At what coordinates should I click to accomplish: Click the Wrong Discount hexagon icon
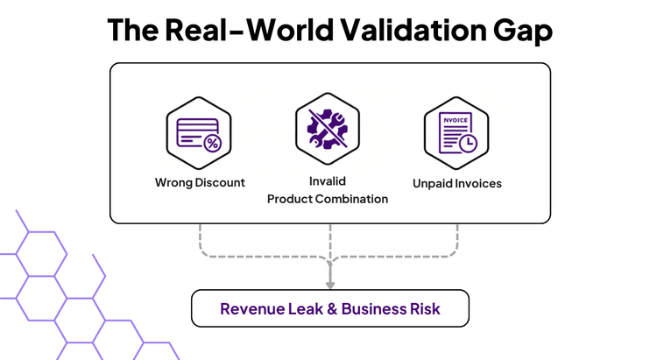199,133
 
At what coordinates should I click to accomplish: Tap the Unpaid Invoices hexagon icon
456,133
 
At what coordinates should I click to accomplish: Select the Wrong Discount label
200,183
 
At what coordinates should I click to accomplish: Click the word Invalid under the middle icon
328,181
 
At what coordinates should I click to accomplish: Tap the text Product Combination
328,199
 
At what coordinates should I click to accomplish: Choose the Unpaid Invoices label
457,184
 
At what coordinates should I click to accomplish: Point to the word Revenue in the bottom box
250,309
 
